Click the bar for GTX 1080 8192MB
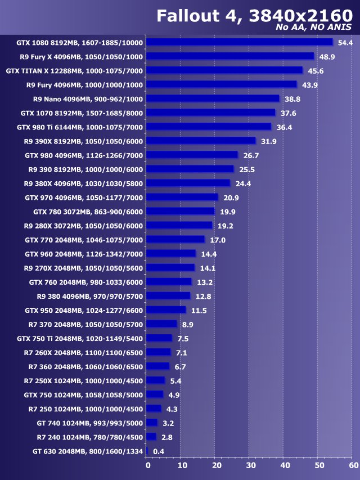(x=240, y=42)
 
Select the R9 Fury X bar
(x=231, y=56)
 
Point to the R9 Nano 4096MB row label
(x=88, y=98)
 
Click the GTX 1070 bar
(x=211, y=113)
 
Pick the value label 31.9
(x=268, y=141)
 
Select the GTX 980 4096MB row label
(x=84, y=155)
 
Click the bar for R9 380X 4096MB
(x=188, y=183)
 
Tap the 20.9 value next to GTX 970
(x=230, y=198)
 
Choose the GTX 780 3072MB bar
(x=181, y=211)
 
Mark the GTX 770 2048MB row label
(x=84, y=240)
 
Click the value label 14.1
(x=207, y=268)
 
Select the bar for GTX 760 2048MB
(x=169, y=281)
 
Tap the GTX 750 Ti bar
(x=159, y=338)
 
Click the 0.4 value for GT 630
(x=159, y=451)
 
